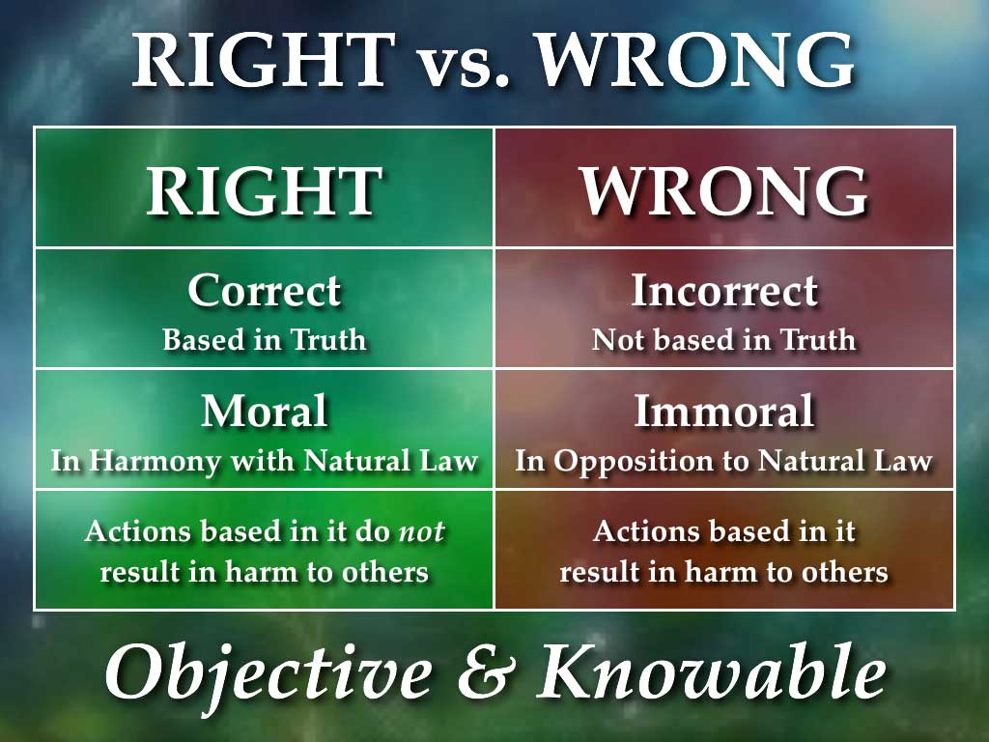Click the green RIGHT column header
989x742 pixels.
264,190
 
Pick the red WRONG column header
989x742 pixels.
724,190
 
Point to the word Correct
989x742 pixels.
264,291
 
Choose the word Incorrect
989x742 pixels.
724,291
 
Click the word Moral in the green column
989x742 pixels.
264,413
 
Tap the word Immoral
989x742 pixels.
724,413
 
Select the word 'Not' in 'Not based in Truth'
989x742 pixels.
617,340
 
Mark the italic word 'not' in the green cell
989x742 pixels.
422,531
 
